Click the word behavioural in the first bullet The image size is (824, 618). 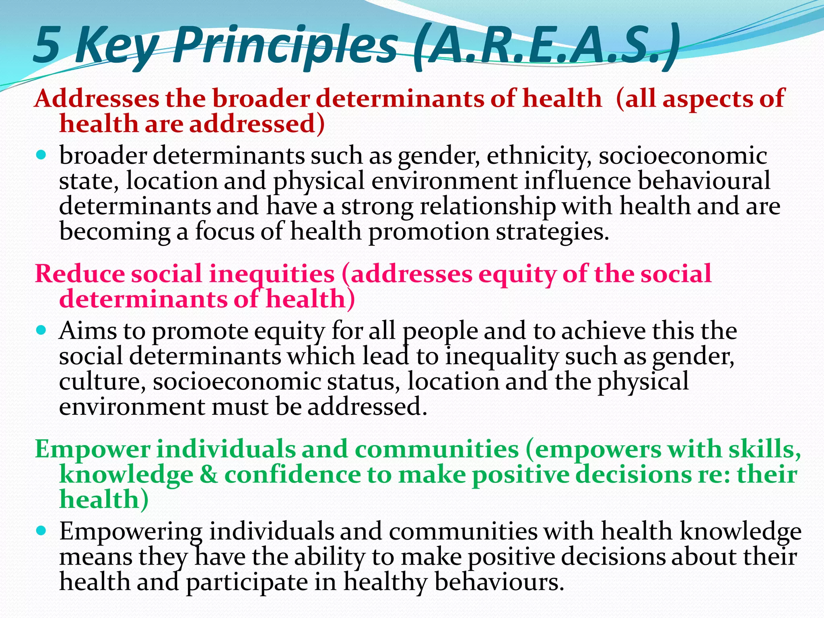[704, 181]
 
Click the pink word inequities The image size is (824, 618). [272, 274]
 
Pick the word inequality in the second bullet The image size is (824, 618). [502, 356]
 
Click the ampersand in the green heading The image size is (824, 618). [209, 474]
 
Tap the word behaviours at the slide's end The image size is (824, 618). [499, 582]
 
